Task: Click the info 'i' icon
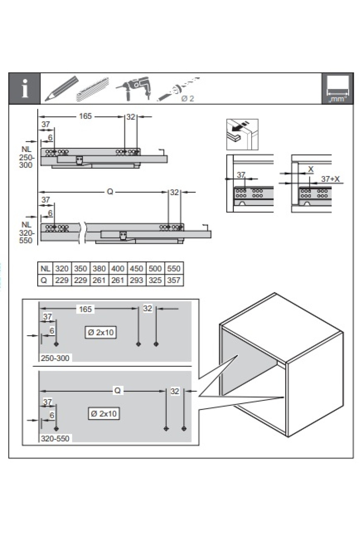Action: pos(25,89)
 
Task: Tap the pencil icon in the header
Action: pos(61,88)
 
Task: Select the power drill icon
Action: pos(133,88)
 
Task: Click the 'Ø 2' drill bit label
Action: pos(188,99)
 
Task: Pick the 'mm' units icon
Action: pos(338,89)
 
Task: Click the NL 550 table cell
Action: pos(174,269)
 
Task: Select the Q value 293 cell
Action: pos(136,280)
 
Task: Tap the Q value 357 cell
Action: pos(174,280)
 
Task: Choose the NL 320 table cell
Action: pos(62,269)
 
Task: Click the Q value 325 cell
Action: pos(155,280)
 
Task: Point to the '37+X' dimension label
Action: pos(330,179)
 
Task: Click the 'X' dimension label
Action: pos(310,169)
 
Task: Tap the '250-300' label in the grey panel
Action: pos(55,358)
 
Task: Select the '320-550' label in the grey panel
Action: pos(55,438)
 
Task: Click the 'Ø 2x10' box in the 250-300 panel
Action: pos(101,333)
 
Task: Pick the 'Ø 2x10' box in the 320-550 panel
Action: pos(104,414)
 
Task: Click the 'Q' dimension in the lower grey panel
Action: pos(117,391)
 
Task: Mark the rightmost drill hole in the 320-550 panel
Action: pos(184,429)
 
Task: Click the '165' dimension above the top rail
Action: pos(85,116)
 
